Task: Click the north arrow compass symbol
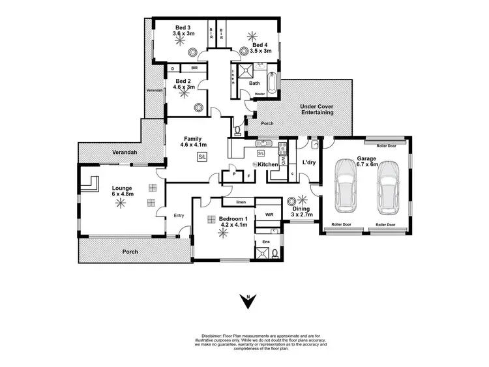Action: pos(248,301)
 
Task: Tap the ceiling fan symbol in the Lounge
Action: pos(119,203)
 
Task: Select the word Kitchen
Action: pos(267,164)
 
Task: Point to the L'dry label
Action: pos(310,163)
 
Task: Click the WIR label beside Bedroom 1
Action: pos(268,214)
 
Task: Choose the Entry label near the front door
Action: pos(179,216)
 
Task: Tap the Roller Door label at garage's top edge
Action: pos(386,146)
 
